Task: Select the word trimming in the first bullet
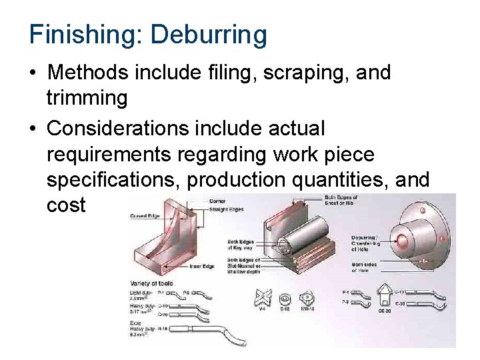pyautogui.click(x=87, y=98)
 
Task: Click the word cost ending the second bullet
pyautogui.click(x=66, y=205)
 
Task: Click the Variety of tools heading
pyautogui.click(x=152, y=283)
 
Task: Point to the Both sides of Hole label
pyautogui.click(x=366, y=267)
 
